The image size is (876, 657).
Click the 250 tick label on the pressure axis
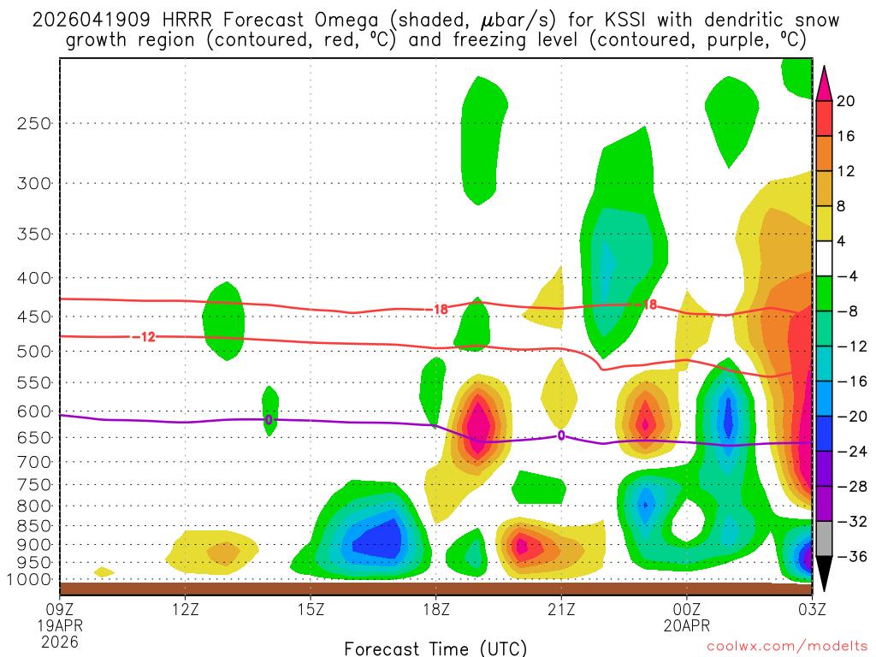click(x=33, y=123)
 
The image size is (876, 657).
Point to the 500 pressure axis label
click(x=33, y=351)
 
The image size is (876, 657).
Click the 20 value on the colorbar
click(x=846, y=101)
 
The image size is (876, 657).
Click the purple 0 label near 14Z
click(x=269, y=420)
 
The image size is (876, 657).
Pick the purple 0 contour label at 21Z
click(x=561, y=435)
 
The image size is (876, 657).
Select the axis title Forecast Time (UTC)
click(x=436, y=648)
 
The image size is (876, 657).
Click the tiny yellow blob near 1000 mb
click(x=104, y=571)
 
